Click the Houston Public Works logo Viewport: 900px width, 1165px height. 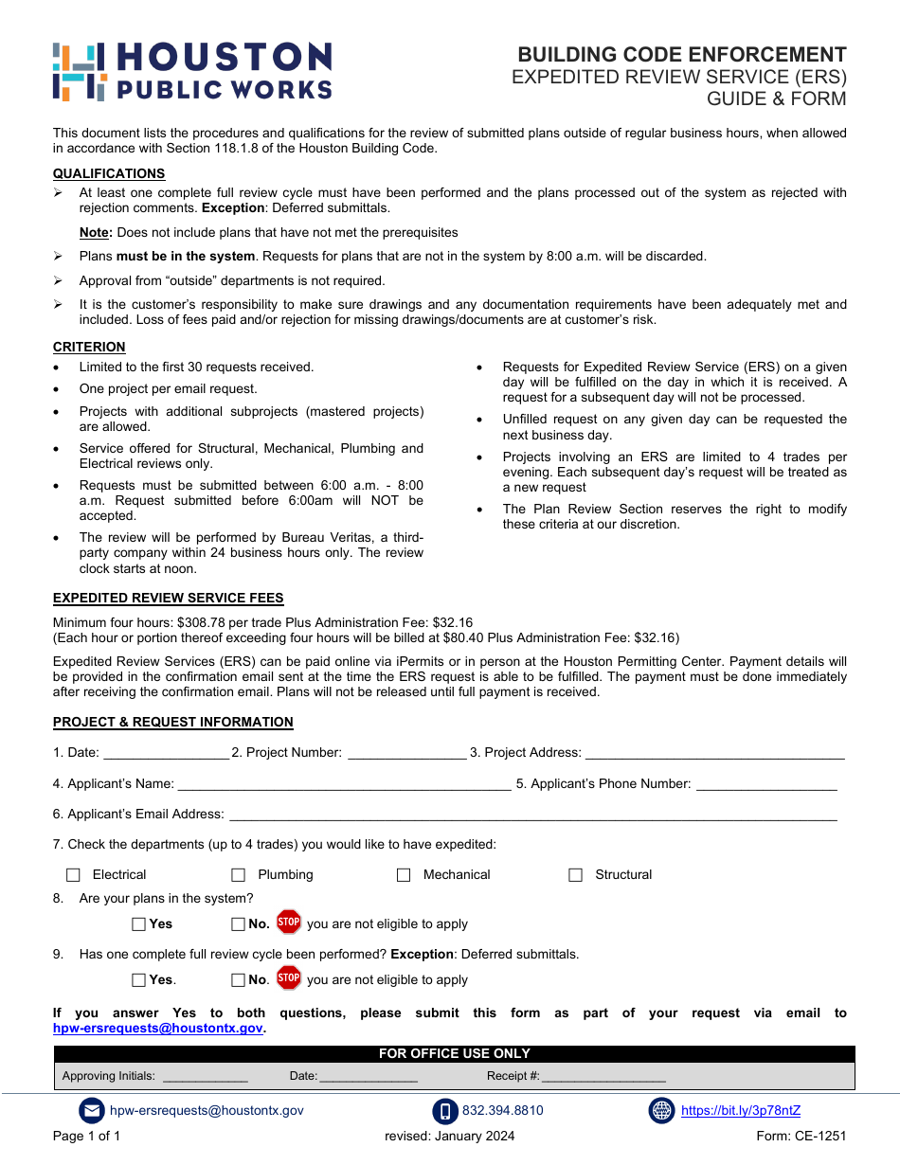tap(192, 71)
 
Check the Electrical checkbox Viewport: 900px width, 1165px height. tap(74, 875)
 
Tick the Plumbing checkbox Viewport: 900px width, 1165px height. tap(239, 875)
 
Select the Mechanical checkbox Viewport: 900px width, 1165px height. tap(404, 875)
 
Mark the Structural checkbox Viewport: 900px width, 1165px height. tap(575, 875)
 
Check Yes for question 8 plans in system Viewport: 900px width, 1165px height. tap(139, 923)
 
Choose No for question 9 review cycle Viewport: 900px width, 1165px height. tap(239, 980)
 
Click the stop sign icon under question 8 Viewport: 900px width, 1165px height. tap(289, 922)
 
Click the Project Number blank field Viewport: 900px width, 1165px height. tap(406, 753)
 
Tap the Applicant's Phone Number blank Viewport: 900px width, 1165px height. tap(766, 784)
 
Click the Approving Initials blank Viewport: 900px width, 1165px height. tap(206, 1077)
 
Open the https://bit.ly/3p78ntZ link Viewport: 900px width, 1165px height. tap(740, 1111)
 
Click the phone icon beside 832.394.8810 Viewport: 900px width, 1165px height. tap(445, 1111)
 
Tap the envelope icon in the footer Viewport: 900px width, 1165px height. tap(92, 1111)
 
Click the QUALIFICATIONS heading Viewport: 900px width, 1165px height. tap(109, 173)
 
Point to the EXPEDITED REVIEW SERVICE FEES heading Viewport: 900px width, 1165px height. tap(168, 598)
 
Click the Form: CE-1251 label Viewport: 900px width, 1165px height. tap(801, 1136)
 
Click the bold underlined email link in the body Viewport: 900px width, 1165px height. tap(158, 1028)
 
